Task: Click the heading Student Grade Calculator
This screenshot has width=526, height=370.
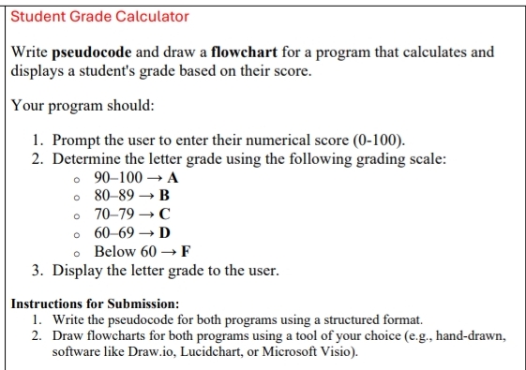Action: (99, 17)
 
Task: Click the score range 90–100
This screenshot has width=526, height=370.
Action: (118, 178)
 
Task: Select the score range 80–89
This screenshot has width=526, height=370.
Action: (114, 197)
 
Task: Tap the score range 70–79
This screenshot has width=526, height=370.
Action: (114, 215)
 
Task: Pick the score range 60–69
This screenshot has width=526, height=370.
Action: (114, 232)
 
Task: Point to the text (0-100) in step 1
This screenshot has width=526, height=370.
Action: (378, 141)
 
